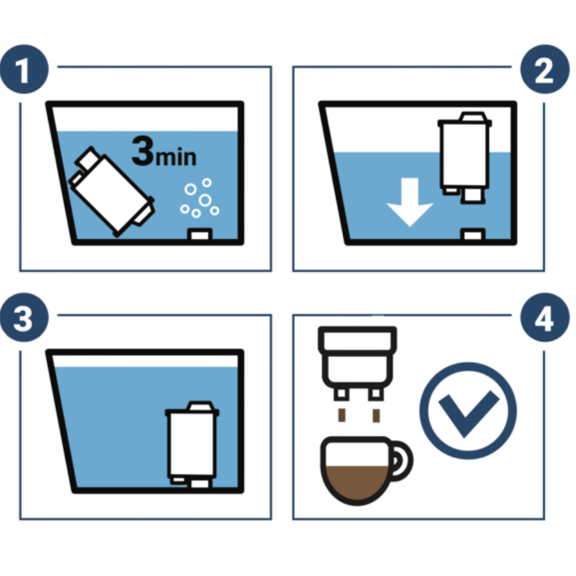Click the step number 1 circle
point(24,69)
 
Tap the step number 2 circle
point(545,69)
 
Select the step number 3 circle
point(24,317)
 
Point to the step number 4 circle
point(545,317)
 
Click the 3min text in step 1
point(164,151)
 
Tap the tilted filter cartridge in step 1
point(111,191)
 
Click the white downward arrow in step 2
point(410,202)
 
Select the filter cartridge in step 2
point(465,157)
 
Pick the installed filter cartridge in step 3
point(192,445)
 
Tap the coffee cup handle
point(401,461)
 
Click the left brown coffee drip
point(342,415)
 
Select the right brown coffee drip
point(376,415)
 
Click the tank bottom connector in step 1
point(200,234)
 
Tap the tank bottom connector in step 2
point(473,234)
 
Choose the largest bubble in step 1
point(205,200)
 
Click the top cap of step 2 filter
point(473,116)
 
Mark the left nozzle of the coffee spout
point(341,394)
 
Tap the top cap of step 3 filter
point(200,406)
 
